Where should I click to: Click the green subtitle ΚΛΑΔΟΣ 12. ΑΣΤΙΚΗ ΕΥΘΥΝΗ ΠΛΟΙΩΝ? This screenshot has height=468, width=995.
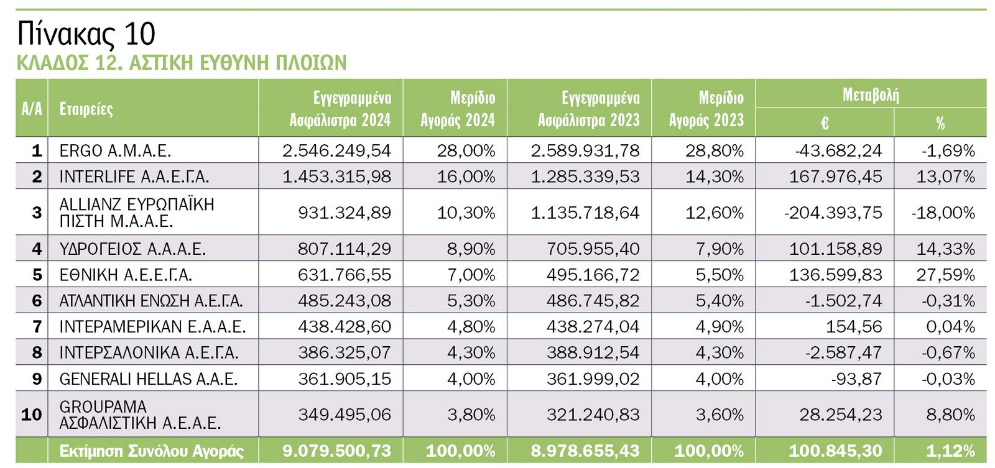(181, 63)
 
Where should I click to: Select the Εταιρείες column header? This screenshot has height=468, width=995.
(86, 109)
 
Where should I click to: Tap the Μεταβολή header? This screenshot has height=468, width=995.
(870, 95)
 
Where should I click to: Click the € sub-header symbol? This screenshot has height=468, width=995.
(824, 123)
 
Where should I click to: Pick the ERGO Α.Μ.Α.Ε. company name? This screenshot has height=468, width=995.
(115, 150)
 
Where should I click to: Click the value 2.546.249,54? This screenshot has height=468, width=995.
(336, 150)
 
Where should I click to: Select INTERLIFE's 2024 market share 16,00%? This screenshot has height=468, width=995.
(466, 177)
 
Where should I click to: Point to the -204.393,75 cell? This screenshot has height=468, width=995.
(833, 213)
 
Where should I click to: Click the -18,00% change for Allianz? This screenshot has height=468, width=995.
(943, 213)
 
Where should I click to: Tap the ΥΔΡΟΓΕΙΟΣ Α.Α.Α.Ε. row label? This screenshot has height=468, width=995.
(132, 249)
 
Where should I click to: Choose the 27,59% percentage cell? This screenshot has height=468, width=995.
(945, 275)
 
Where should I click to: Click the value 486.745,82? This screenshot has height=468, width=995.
(593, 301)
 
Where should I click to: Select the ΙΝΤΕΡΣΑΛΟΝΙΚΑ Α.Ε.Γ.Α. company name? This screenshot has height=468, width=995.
(149, 352)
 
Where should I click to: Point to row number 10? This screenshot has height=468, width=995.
(32, 414)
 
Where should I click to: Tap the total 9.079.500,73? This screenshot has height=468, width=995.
(336, 451)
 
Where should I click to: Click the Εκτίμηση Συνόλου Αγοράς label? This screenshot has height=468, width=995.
(151, 451)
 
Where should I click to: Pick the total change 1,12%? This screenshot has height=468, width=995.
(950, 451)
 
